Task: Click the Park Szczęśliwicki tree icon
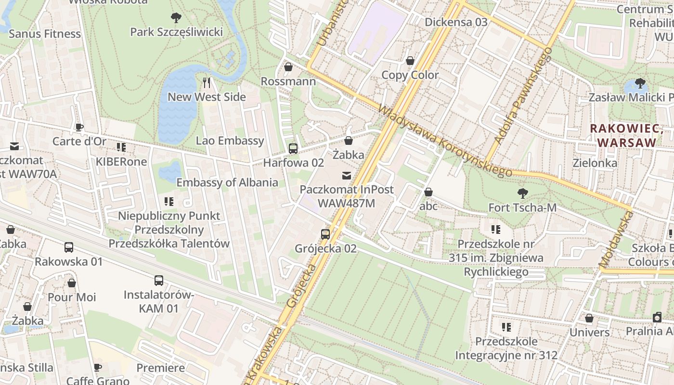[x=176, y=18]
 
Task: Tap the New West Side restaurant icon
[x=207, y=83]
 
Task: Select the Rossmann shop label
[x=288, y=81]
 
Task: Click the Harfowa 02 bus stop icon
[x=293, y=149]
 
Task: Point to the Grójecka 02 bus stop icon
[x=325, y=234]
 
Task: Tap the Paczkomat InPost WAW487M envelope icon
[x=346, y=175]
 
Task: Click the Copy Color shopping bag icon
[x=410, y=61]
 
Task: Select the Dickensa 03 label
[x=456, y=22]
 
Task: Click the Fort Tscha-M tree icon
[x=522, y=193]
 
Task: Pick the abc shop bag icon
[x=428, y=192]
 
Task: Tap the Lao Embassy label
[x=230, y=141]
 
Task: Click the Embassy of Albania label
[x=227, y=182]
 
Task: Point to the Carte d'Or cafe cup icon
[x=79, y=128]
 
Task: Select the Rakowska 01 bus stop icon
[x=69, y=247]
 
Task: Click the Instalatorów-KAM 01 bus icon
[x=159, y=280]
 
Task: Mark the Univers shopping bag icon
[x=589, y=318]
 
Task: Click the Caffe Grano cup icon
[x=98, y=368]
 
